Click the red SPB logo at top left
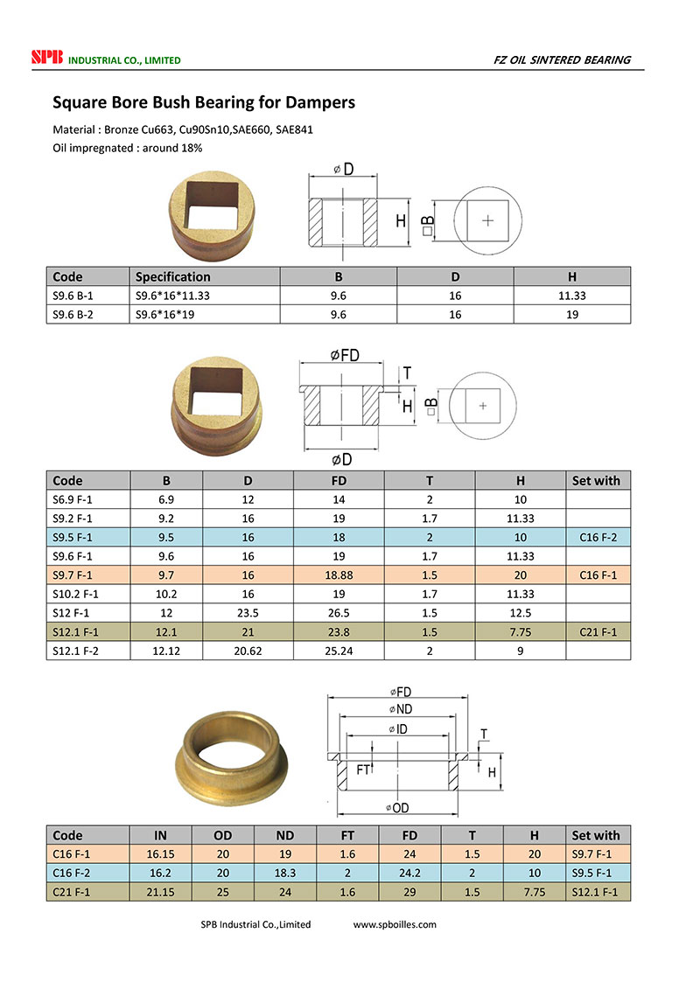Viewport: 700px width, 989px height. point(43,59)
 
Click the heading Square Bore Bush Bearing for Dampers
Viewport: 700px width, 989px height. point(204,102)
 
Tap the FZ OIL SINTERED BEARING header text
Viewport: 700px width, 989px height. point(562,59)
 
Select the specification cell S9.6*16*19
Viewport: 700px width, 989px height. point(167,314)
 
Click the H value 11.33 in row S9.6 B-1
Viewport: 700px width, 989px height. point(571,296)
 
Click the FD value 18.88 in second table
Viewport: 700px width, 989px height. point(339,575)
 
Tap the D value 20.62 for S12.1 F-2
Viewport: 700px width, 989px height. point(248,651)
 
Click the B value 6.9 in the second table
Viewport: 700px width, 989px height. point(166,499)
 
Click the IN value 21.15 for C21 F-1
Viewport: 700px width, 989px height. point(160,892)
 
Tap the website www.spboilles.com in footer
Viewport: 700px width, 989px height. point(395,924)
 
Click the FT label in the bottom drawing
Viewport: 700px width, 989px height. point(363,770)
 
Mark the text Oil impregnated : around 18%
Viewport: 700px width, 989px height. point(128,148)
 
